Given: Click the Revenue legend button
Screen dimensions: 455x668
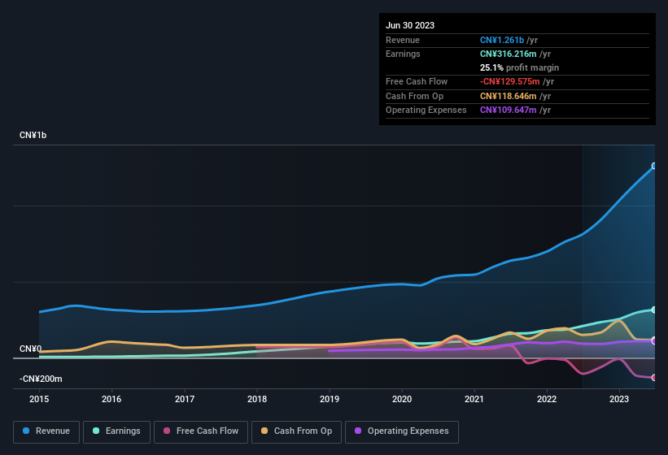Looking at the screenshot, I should (x=46, y=431).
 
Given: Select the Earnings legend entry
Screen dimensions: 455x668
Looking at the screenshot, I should (x=117, y=431).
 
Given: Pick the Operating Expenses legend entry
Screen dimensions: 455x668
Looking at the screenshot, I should (x=401, y=431).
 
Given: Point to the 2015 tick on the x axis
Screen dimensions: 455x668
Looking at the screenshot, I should (x=39, y=399).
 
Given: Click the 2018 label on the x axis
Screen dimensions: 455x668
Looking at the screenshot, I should (x=257, y=399).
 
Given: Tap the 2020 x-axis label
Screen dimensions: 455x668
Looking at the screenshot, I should (x=402, y=399).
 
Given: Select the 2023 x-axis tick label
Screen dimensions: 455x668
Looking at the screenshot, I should (x=619, y=399).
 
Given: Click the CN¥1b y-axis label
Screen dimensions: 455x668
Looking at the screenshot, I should (x=33, y=135).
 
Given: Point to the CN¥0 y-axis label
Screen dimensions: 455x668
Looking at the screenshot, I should (x=30, y=349).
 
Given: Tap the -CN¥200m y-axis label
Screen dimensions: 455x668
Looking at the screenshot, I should (x=41, y=379).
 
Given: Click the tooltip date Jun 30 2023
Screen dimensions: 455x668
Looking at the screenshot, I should (x=410, y=25).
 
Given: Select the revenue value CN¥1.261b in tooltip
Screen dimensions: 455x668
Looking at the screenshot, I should (x=507, y=40).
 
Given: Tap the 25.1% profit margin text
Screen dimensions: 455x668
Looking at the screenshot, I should (x=519, y=67).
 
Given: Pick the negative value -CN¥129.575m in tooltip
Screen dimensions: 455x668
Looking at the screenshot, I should (x=515, y=81).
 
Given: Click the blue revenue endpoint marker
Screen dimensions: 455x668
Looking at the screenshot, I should (x=654, y=166).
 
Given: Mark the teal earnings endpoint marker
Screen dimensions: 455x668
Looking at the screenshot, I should (x=654, y=310).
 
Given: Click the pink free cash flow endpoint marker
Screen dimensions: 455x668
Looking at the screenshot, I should (x=654, y=378).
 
